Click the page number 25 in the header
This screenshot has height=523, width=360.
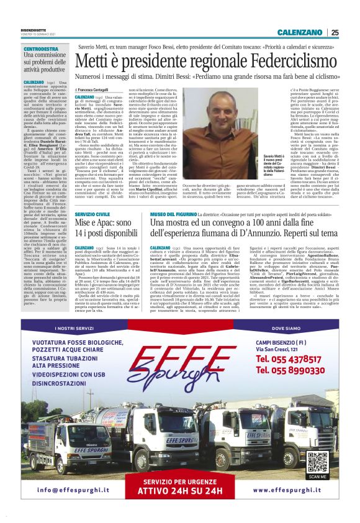point(335,32)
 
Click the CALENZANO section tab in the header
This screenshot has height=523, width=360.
point(300,32)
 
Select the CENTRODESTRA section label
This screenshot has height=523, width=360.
point(41,48)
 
